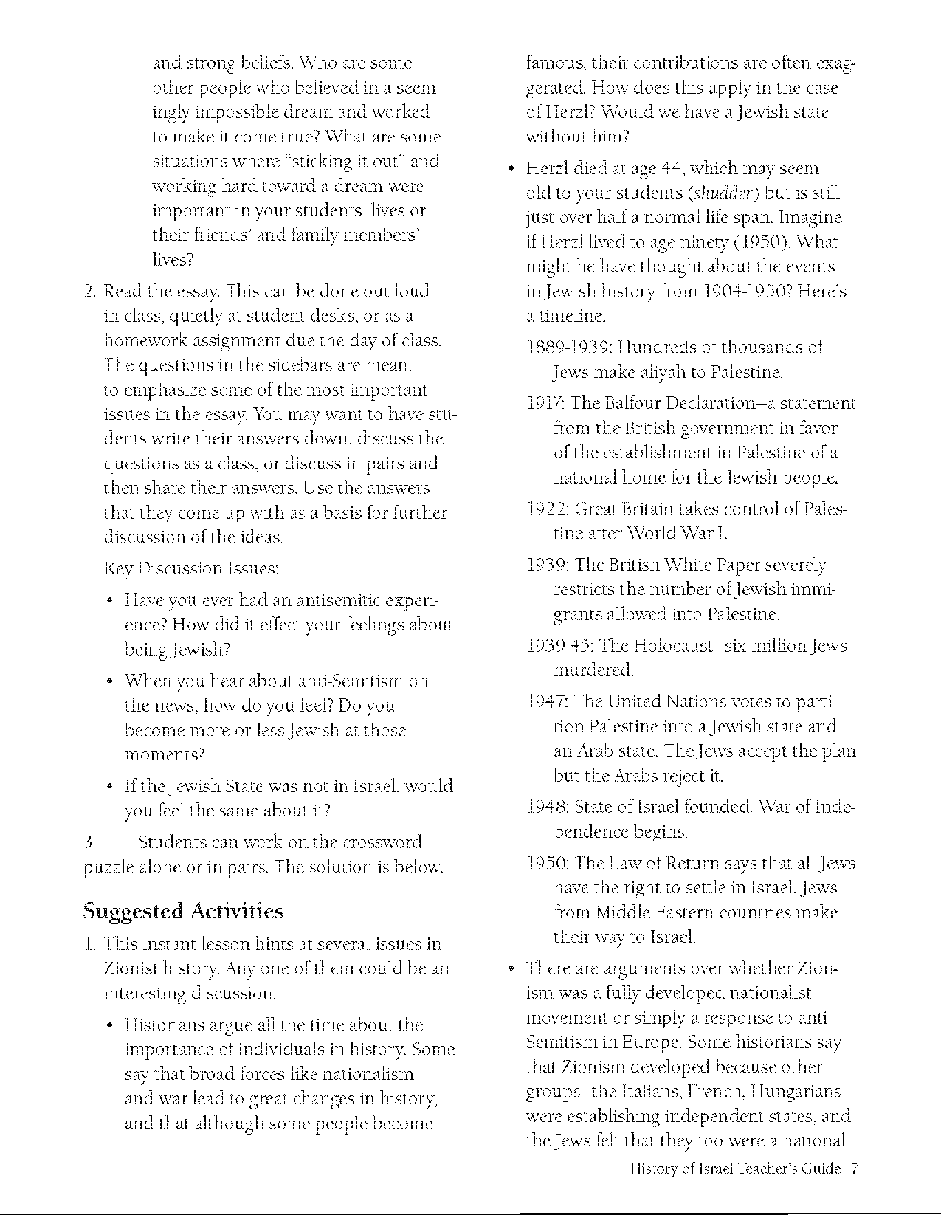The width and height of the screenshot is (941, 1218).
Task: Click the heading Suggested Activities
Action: coord(182,911)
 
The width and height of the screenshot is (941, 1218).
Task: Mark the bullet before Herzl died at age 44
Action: coord(509,170)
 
